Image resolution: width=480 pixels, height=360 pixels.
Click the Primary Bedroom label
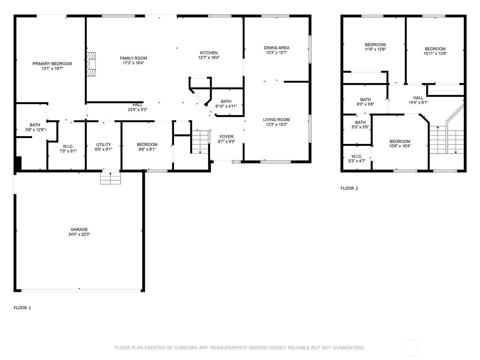tap(52, 64)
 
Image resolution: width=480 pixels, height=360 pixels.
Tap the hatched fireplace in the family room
tap(91, 64)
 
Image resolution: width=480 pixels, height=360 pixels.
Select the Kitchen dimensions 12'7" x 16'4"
tap(209, 58)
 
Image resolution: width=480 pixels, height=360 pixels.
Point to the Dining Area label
tap(276, 48)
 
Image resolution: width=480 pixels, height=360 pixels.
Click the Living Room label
tap(276, 120)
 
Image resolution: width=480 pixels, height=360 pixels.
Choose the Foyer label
tap(226, 136)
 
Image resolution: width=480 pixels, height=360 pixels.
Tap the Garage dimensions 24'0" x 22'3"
tap(79, 234)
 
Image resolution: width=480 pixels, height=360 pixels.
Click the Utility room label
tap(103, 145)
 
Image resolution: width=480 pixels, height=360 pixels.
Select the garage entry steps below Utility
tap(110, 178)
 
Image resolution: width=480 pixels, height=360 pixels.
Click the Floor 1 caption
tap(22, 308)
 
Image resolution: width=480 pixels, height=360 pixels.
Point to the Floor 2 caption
tap(349, 188)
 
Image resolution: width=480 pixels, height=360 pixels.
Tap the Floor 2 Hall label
tap(418, 98)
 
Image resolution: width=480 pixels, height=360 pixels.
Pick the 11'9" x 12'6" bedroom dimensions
tap(375, 49)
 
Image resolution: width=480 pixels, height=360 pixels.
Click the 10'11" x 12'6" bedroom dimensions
tap(435, 54)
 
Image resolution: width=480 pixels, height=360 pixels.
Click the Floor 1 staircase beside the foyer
tap(200, 142)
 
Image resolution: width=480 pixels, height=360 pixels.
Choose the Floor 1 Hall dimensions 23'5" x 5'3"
tap(137, 110)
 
